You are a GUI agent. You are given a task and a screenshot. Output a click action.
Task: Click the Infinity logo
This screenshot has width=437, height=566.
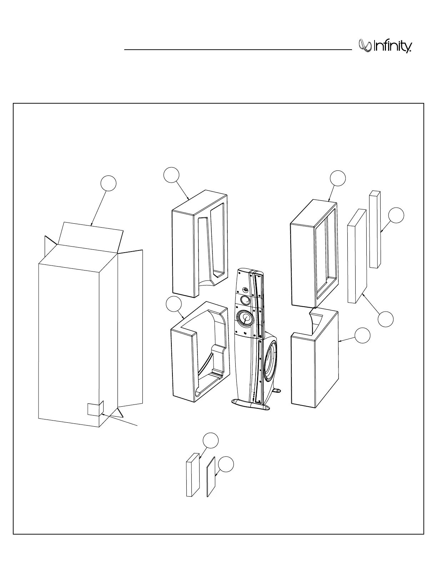pos(386,46)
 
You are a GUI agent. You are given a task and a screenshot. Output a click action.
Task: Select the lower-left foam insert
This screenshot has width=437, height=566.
pos(184,361)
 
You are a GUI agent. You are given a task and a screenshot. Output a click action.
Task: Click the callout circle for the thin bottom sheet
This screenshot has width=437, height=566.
pos(226,465)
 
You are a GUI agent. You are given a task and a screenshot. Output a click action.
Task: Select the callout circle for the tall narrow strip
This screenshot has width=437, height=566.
pos(396,215)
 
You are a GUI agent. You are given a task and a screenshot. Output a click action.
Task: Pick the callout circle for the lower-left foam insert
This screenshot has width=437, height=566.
pos(174,304)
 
